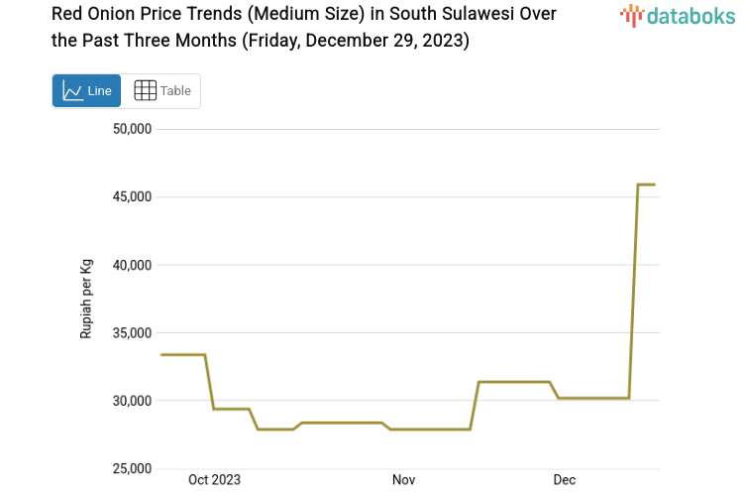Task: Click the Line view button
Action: [86, 91]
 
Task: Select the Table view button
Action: [161, 91]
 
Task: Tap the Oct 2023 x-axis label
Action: [214, 480]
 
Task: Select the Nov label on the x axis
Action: [403, 480]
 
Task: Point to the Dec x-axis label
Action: [564, 480]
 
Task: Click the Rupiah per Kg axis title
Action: [86, 299]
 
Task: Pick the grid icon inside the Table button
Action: [145, 91]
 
